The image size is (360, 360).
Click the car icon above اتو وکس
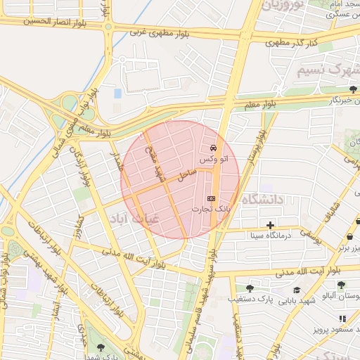[x=213, y=148]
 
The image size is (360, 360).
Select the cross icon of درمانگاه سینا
[x=270, y=224]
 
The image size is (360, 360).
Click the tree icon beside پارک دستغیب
[x=250, y=288]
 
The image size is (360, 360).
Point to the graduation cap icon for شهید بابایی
[x=297, y=289]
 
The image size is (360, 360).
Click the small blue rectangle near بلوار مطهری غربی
[x=117, y=93]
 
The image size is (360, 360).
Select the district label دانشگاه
[x=261, y=200]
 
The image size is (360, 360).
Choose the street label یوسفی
[x=310, y=237]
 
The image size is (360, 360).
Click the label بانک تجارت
[x=213, y=210]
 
